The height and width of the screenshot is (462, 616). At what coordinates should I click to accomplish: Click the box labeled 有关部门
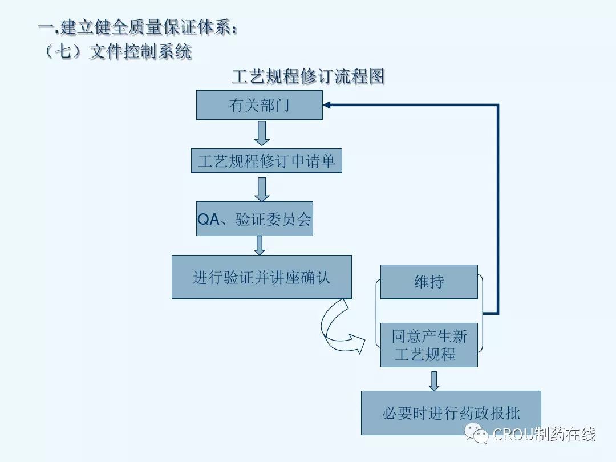click(260, 105)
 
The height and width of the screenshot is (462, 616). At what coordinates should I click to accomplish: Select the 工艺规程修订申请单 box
click(266, 161)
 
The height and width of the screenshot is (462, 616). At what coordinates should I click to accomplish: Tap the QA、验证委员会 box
click(254, 219)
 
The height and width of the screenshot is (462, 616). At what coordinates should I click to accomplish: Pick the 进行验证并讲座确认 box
click(261, 277)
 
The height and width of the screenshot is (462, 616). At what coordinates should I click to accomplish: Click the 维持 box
click(429, 282)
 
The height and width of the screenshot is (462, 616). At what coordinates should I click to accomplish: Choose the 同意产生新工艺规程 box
click(429, 345)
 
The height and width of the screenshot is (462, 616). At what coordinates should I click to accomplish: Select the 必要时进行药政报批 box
click(451, 413)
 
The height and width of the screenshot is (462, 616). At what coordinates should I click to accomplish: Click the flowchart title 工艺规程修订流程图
click(308, 76)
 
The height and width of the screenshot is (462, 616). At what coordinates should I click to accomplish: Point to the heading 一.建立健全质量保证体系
click(137, 27)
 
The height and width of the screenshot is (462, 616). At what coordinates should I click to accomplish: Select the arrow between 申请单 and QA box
click(262, 189)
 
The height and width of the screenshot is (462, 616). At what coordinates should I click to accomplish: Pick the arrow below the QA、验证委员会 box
click(260, 245)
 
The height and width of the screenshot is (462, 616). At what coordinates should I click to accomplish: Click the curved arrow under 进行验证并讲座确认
click(339, 328)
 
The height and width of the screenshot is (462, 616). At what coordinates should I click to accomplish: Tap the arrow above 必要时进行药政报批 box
click(434, 380)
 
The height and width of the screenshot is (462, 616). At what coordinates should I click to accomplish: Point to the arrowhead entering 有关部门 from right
click(327, 105)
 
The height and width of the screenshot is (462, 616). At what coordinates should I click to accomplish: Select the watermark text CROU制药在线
click(544, 434)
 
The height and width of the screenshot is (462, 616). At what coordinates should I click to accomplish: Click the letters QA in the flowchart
click(208, 220)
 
